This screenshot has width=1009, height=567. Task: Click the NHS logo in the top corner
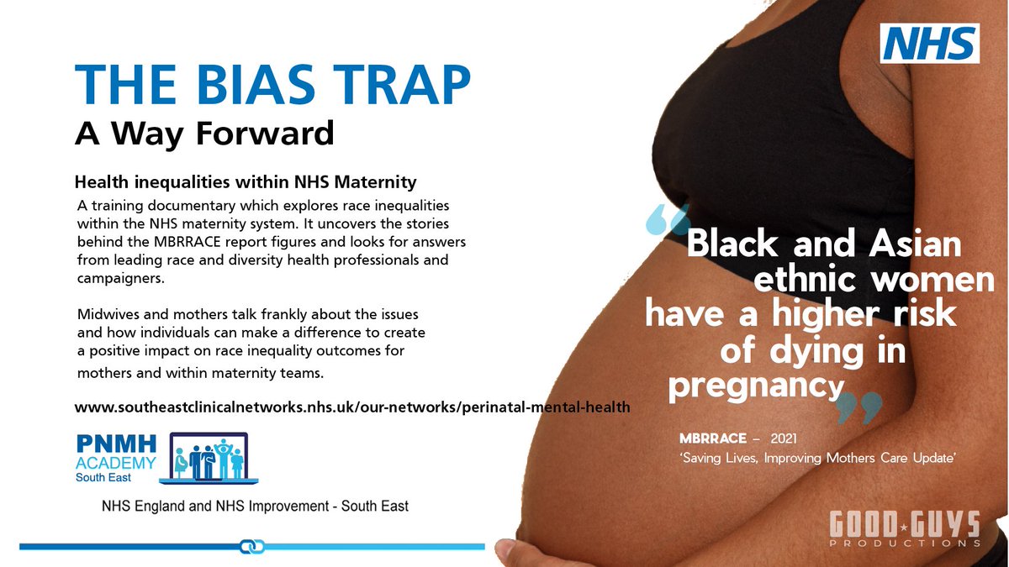929,43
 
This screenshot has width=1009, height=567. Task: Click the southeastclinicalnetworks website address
351,407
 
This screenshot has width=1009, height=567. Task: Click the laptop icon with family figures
214,458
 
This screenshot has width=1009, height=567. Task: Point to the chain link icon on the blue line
252,547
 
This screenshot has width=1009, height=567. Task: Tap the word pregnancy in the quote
754,386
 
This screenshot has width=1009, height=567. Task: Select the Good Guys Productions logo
905,530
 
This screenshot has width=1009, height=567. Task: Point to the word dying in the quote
815,350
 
